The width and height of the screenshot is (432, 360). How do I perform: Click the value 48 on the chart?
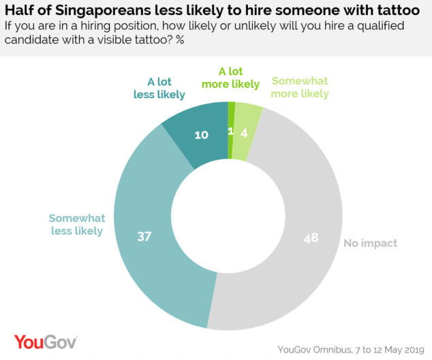coord(311,239)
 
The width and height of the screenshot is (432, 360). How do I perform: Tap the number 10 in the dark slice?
coord(201,135)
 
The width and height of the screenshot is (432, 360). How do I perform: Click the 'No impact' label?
coord(370,243)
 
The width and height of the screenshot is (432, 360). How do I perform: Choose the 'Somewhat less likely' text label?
coord(76,224)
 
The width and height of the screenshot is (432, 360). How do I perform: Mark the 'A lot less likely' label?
coord(159,87)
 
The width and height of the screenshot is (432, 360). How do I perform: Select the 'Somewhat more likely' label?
coord(300,87)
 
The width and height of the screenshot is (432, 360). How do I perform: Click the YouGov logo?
coord(46,342)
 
